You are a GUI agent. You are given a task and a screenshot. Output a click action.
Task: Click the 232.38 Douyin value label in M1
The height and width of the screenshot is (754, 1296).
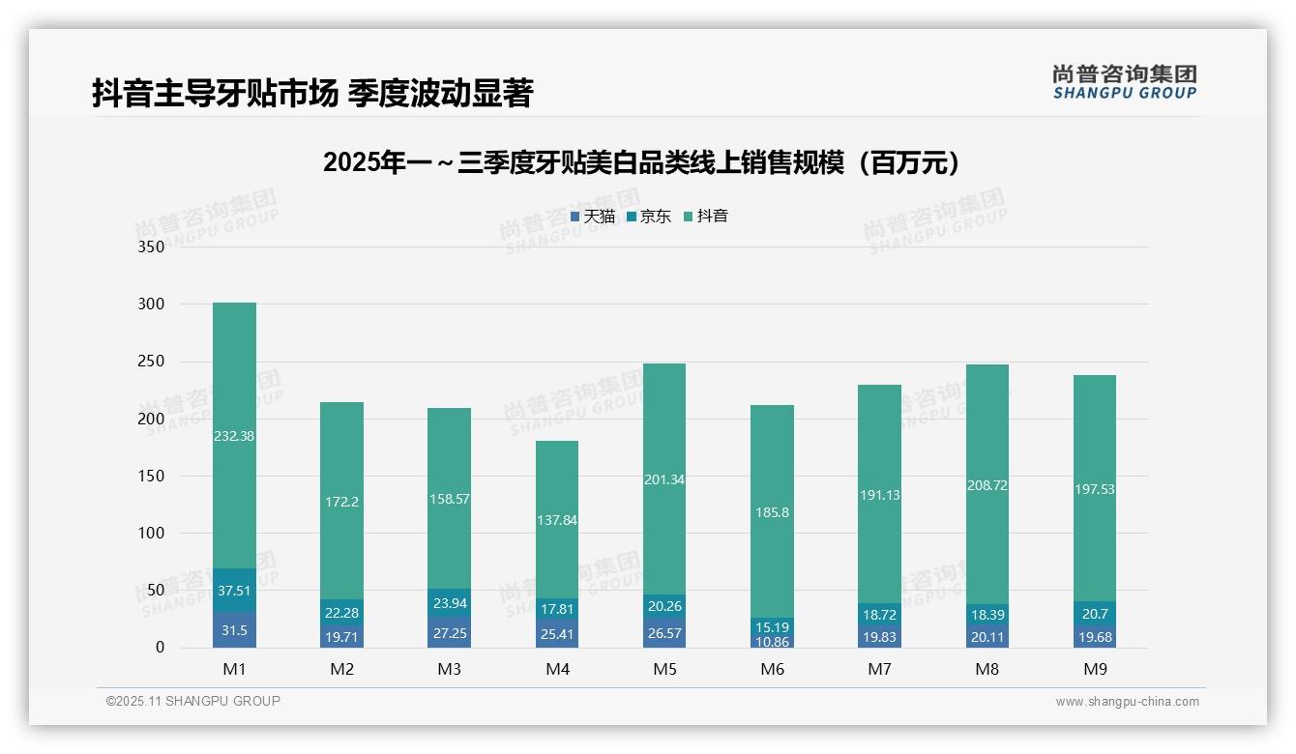(234, 436)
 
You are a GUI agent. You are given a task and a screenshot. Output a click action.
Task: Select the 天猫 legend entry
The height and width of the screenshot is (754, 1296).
(593, 217)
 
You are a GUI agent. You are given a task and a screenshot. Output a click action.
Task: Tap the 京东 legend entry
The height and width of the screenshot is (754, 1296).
(649, 217)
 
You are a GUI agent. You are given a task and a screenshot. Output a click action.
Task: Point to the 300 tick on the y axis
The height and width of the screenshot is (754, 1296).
(151, 304)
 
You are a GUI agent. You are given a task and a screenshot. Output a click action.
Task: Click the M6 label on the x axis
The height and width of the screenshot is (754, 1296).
(772, 669)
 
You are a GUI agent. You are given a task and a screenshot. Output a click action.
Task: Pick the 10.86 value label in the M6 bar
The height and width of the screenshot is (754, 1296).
(772, 642)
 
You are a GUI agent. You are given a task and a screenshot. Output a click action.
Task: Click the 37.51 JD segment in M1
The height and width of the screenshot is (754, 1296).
(234, 591)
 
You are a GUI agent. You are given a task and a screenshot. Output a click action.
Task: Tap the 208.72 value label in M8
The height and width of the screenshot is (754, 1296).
(987, 485)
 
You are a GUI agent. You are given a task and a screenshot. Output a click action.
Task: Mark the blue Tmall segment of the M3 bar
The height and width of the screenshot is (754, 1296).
(449, 631)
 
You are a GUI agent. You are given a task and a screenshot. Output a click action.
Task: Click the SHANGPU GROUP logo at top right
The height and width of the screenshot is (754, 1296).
(1124, 82)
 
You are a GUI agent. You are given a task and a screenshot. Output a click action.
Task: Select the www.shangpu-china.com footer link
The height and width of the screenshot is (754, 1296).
(1127, 702)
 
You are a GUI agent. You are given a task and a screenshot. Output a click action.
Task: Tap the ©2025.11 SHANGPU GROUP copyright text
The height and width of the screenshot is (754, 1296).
(193, 702)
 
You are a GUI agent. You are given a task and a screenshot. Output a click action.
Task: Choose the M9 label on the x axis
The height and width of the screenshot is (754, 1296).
(1095, 669)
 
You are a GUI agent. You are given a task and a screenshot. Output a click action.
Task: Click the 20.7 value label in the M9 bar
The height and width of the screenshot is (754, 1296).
(1095, 613)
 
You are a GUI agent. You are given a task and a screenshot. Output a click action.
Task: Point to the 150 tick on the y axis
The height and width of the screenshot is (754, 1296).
(151, 476)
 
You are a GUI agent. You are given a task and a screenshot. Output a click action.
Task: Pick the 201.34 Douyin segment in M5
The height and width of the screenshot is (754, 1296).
(663, 479)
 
